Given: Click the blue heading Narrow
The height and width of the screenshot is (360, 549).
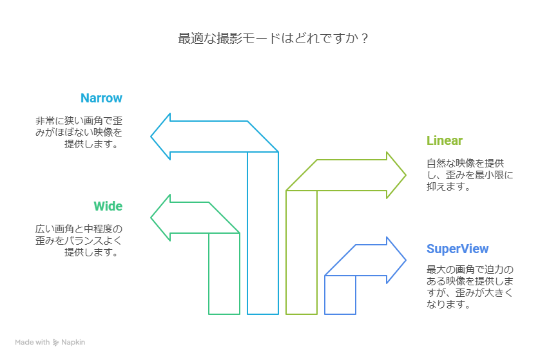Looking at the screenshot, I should point(101,99).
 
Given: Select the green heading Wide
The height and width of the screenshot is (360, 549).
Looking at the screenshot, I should point(108,207).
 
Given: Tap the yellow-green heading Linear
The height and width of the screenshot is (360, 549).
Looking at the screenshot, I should point(445,141).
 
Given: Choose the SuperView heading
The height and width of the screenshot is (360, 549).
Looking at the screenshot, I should point(457,249).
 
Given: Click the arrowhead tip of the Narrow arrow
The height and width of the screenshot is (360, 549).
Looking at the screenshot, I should point(152,137).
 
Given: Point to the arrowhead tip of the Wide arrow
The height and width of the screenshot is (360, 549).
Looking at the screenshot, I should point(152,218).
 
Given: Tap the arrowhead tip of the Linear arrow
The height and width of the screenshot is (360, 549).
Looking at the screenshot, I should point(405,175).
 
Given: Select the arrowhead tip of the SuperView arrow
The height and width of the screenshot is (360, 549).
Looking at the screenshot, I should point(405,260).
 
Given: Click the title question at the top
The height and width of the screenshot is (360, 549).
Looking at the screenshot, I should point(273,39).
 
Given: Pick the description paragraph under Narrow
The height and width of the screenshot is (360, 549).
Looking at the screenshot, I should point(79,132).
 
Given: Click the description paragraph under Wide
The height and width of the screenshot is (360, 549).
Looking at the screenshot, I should point(79,240).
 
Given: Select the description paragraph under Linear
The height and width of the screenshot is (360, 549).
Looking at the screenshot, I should point(470,175).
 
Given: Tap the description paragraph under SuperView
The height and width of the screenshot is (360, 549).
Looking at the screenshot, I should point(470,287).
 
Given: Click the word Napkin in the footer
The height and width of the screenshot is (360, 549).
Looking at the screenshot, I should point(73,343).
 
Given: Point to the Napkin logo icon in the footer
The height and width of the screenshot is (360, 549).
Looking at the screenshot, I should point(56,343).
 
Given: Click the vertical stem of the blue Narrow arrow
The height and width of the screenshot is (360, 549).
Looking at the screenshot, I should point(263,232).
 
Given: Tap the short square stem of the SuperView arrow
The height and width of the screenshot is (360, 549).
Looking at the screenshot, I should point(340,295).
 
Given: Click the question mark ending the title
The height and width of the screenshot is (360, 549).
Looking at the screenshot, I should point(365,39).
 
